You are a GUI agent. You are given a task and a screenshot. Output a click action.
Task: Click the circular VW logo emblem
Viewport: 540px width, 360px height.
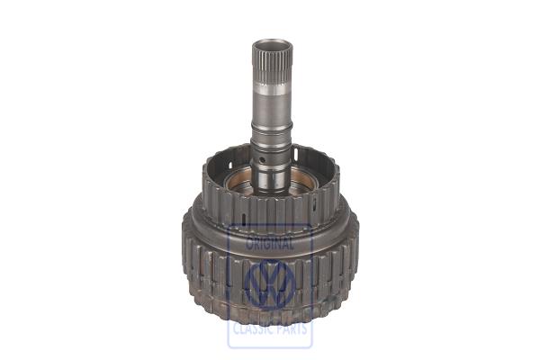pyautogui.click(x=270, y=286)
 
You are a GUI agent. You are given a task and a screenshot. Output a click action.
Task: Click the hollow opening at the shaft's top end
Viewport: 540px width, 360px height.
pyautogui.click(x=270, y=42)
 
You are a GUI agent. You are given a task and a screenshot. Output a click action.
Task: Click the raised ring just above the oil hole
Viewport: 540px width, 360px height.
pyautogui.click(x=270, y=153)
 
